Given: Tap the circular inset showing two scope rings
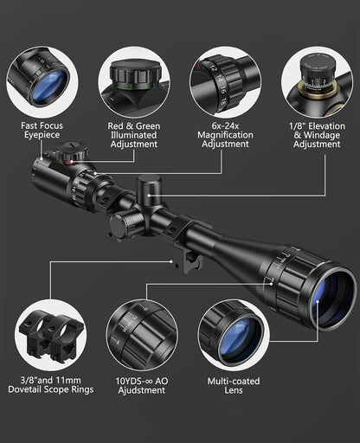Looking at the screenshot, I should (x=49, y=333).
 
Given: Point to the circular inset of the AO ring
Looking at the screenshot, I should (x=141, y=333).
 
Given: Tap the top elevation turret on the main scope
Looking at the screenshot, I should (x=148, y=189).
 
